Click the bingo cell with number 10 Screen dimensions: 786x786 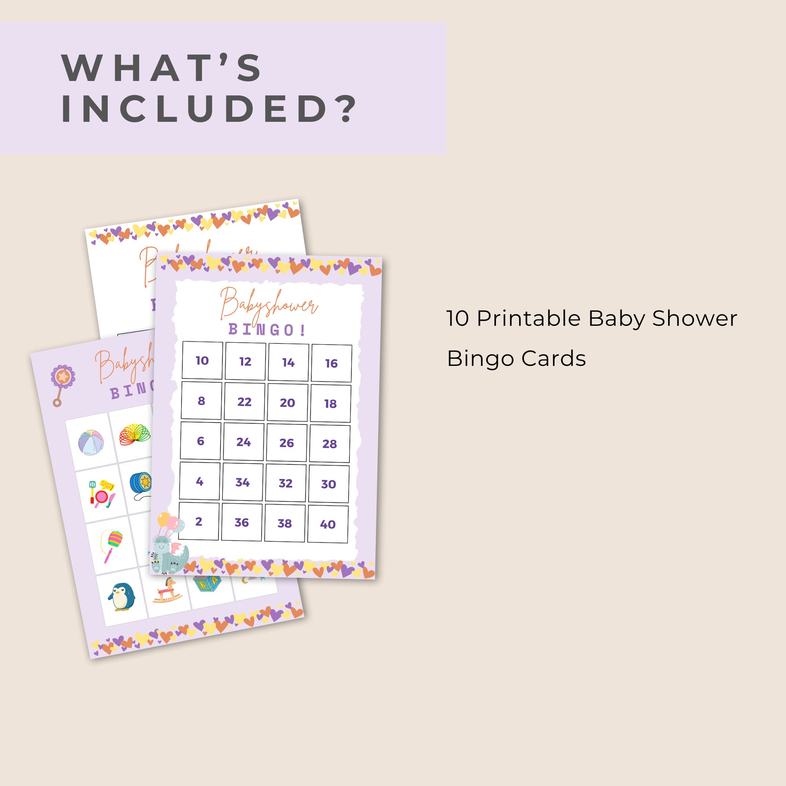point(202,360)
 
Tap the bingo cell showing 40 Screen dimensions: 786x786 point(327,524)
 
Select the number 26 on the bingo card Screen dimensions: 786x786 point(286,443)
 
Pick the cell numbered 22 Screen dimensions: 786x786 point(244,402)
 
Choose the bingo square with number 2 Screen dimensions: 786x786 point(198,521)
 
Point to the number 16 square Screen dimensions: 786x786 point(331,363)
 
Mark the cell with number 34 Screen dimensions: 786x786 point(242,482)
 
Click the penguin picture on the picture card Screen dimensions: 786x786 point(121,597)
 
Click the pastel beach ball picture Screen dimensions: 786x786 point(90,443)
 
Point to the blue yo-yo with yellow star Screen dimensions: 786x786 point(141,484)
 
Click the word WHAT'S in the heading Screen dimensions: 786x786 point(162,68)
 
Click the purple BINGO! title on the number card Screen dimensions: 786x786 point(267,330)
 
